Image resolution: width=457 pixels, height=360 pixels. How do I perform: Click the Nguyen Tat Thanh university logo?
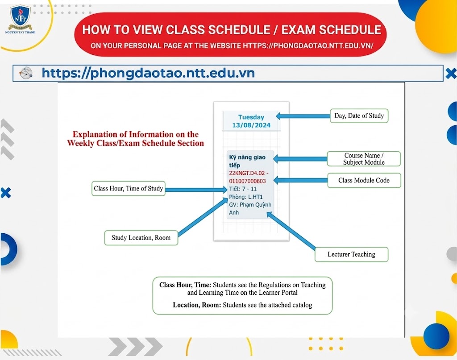pos(20,19)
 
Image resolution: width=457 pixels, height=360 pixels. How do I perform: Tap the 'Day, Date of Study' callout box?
pos(359,116)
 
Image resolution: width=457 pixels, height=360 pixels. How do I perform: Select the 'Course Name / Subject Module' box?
pos(364,159)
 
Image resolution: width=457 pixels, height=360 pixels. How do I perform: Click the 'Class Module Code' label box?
pos(364,180)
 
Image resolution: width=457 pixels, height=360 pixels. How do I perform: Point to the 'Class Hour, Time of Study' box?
pos(128,188)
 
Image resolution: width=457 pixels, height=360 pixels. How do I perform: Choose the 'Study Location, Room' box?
pos(141,238)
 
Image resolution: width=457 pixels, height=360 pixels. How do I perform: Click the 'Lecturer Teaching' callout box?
pos(352,254)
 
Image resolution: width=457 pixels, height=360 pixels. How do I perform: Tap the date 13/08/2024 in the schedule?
pos(251,125)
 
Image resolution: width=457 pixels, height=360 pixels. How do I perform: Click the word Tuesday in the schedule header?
pos(251,117)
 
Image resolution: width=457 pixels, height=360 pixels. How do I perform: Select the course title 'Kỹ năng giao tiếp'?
pos(247,161)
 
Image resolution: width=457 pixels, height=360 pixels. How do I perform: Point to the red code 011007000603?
pos(247,181)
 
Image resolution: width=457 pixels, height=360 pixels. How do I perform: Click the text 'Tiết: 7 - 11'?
pos(243,189)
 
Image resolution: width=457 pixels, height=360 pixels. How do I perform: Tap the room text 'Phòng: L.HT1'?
pos(246,197)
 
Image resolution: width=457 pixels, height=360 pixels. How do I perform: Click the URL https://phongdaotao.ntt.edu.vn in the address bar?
pos(148,73)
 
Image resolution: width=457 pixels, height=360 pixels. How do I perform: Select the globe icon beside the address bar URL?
pos(25,73)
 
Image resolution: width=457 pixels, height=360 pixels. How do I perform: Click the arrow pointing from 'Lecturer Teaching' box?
pos(291,231)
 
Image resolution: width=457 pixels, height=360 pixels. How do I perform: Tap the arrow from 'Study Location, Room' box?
pos(203,216)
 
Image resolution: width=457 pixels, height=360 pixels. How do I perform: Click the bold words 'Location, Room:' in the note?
pos(197,305)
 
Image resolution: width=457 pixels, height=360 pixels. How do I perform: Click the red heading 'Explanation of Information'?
pos(136,134)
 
